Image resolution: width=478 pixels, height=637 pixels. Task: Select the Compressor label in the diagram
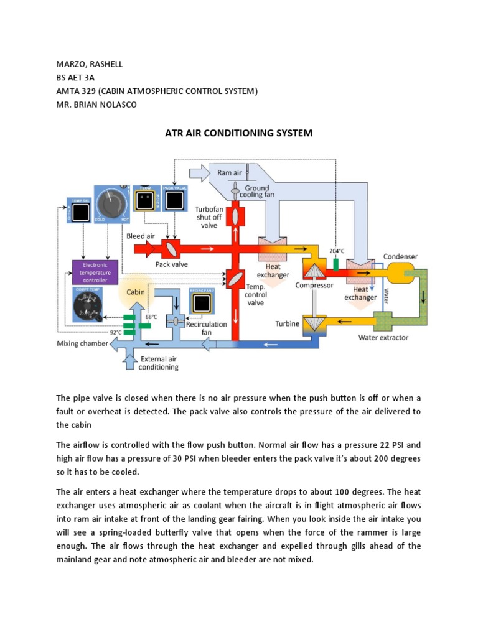(315, 286)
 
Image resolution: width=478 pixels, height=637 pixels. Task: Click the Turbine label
(288, 324)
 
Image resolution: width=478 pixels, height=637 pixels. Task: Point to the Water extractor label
(383, 338)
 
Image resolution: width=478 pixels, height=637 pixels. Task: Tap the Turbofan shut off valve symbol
(237, 216)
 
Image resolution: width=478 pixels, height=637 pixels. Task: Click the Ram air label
(229, 172)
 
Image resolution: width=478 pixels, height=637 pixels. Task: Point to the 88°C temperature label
(151, 317)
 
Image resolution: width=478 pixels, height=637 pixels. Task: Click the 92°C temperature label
(116, 332)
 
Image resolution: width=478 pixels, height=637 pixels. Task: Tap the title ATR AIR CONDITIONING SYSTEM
(238, 133)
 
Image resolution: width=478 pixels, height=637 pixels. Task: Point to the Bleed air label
(141, 236)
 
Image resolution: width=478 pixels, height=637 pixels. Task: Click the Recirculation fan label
(211, 328)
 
